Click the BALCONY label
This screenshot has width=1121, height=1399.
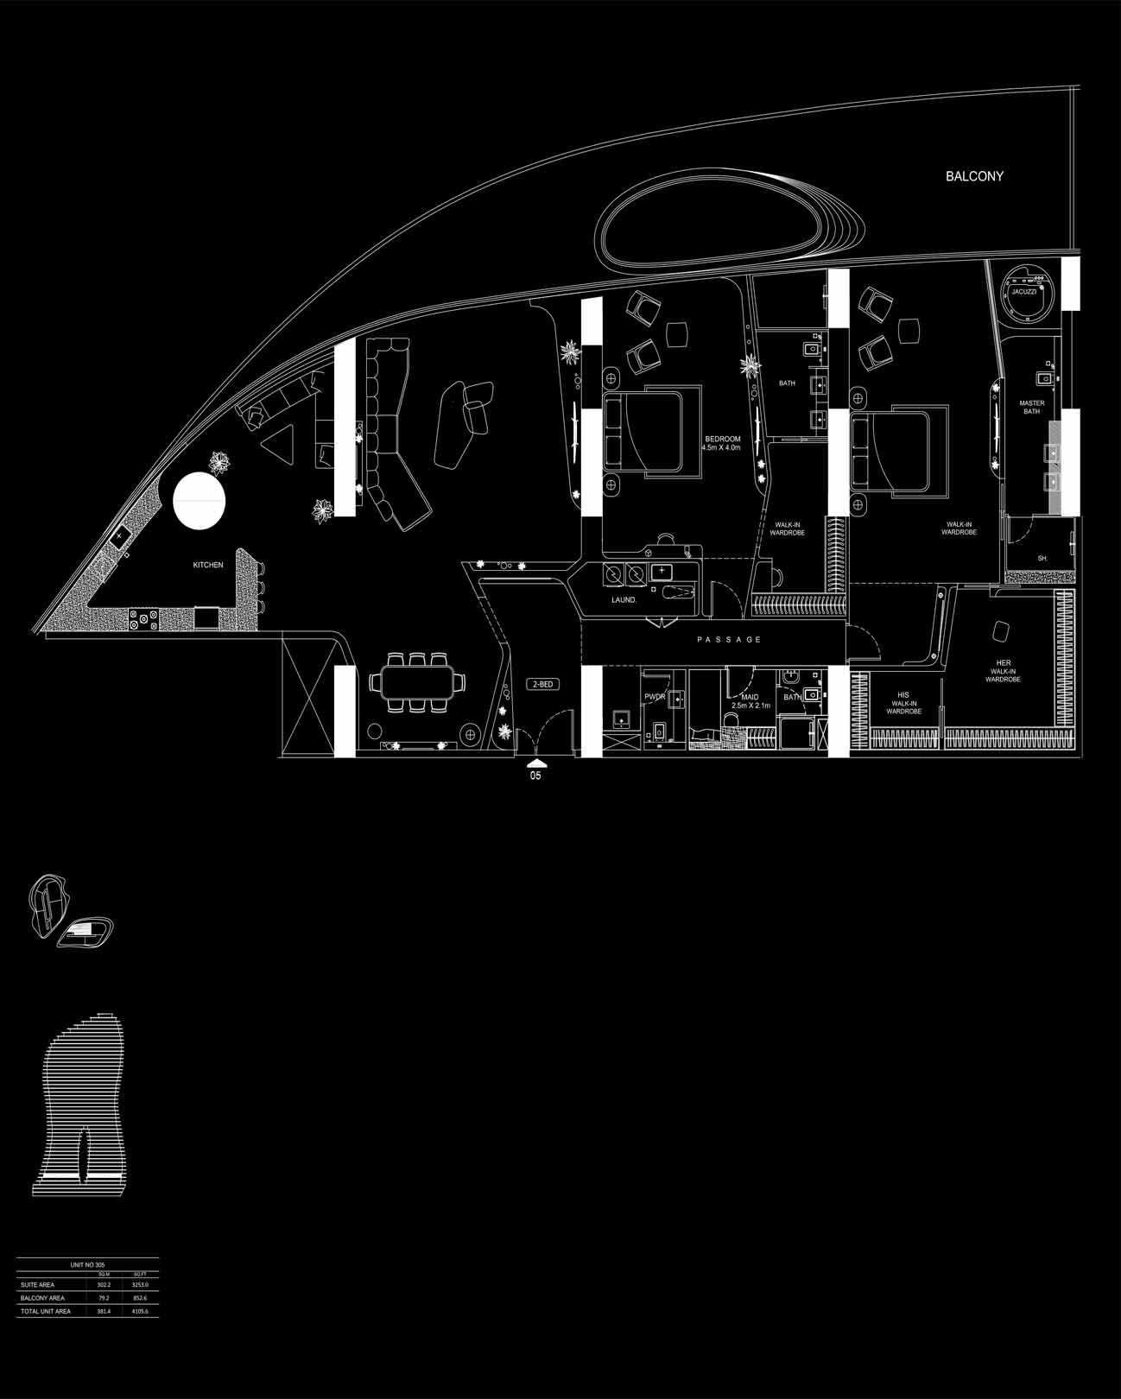[x=974, y=176]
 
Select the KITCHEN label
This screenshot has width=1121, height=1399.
[x=207, y=565]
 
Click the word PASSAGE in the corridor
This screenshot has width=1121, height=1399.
[x=730, y=640]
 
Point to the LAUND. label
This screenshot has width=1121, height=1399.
[x=624, y=599]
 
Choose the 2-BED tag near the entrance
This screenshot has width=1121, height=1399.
[x=543, y=684]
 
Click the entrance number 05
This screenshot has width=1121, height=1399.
[x=535, y=776]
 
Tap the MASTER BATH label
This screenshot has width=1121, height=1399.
[x=1031, y=407]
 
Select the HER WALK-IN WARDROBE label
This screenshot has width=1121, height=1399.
[x=1003, y=671]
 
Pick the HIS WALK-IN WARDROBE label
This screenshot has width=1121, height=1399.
[x=903, y=703]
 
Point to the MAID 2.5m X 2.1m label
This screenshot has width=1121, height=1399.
[x=750, y=701]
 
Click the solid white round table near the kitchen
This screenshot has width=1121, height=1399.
[x=200, y=501]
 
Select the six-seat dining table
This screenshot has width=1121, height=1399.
[x=415, y=681]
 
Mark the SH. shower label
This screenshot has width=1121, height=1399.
[x=1042, y=559]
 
